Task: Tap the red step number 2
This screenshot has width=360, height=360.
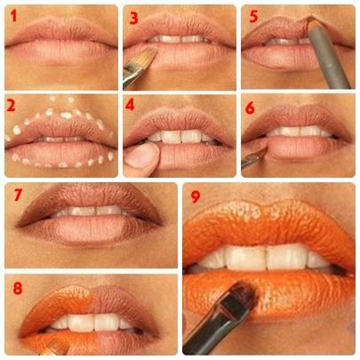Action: pyautogui.click(x=12, y=105)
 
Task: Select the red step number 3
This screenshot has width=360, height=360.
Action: pyautogui.click(x=133, y=16)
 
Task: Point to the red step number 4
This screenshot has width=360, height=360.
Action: pyautogui.click(x=132, y=105)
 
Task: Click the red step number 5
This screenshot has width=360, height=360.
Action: pyautogui.click(x=252, y=16)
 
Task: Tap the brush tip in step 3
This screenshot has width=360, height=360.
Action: pyautogui.click(x=142, y=57)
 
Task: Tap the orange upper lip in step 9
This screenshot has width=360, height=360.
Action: pyautogui.click(x=267, y=222)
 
